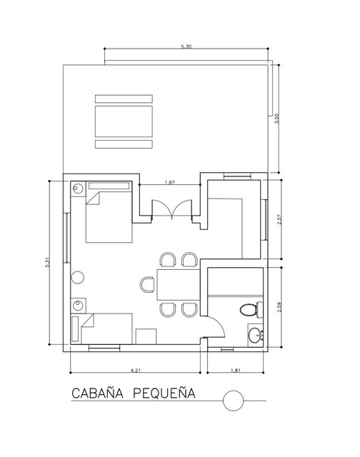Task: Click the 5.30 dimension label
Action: [186, 46]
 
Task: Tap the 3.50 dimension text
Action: [277, 119]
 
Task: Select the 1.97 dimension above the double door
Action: [170, 183]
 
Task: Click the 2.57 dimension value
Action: [279, 219]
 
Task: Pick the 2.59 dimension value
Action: [279, 307]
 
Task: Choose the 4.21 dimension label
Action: [136, 371]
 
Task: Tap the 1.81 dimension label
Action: [236, 371]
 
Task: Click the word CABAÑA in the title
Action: [97, 393]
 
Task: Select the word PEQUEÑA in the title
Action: [164, 393]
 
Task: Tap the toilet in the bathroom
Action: [251, 309]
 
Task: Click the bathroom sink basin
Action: [256, 335]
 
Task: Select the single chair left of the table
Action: [147, 284]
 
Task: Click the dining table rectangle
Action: [179, 285]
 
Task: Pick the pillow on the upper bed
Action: [109, 186]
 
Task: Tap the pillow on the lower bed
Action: [75, 328]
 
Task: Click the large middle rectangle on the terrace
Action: [124, 121]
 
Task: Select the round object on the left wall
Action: [78, 278]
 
